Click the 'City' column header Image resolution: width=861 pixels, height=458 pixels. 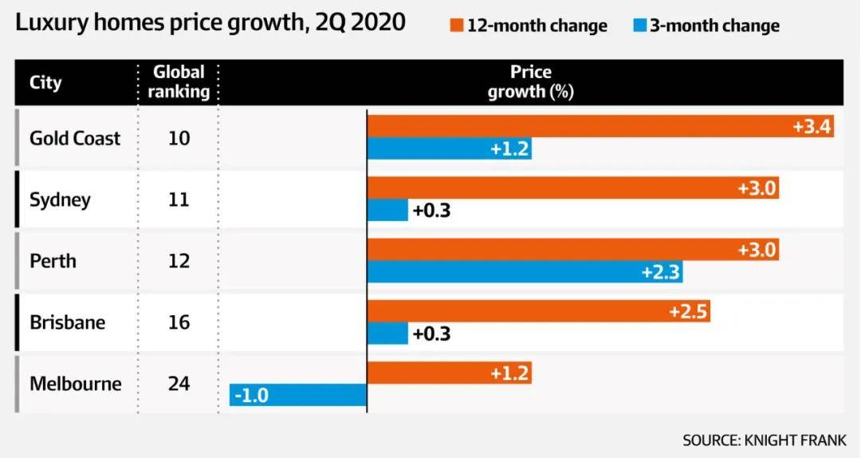click(x=45, y=82)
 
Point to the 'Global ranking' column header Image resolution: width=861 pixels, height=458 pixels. click(x=179, y=81)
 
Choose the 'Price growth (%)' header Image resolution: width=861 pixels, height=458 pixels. click(x=531, y=81)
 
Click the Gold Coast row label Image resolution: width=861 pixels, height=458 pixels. click(x=75, y=138)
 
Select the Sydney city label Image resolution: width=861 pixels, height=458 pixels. click(x=60, y=199)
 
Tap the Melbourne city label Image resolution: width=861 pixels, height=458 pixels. click(x=76, y=384)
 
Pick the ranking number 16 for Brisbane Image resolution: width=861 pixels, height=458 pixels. click(x=179, y=322)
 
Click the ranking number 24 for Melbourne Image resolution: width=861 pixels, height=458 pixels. click(x=179, y=384)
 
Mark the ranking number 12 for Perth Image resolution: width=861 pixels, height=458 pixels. click(x=179, y=261)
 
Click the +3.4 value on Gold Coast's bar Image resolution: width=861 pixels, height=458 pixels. click(x=810, y=126)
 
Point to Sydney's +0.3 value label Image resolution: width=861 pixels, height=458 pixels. click(x=431, y=211)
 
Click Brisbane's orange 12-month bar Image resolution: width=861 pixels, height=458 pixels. click(x=538, y=310)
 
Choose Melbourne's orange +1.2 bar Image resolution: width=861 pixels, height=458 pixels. click(x=449, y=372)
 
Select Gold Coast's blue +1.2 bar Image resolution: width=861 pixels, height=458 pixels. click(x=449, y=149)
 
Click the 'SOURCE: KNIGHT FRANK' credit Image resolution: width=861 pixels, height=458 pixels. click(x=764, y=440)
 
